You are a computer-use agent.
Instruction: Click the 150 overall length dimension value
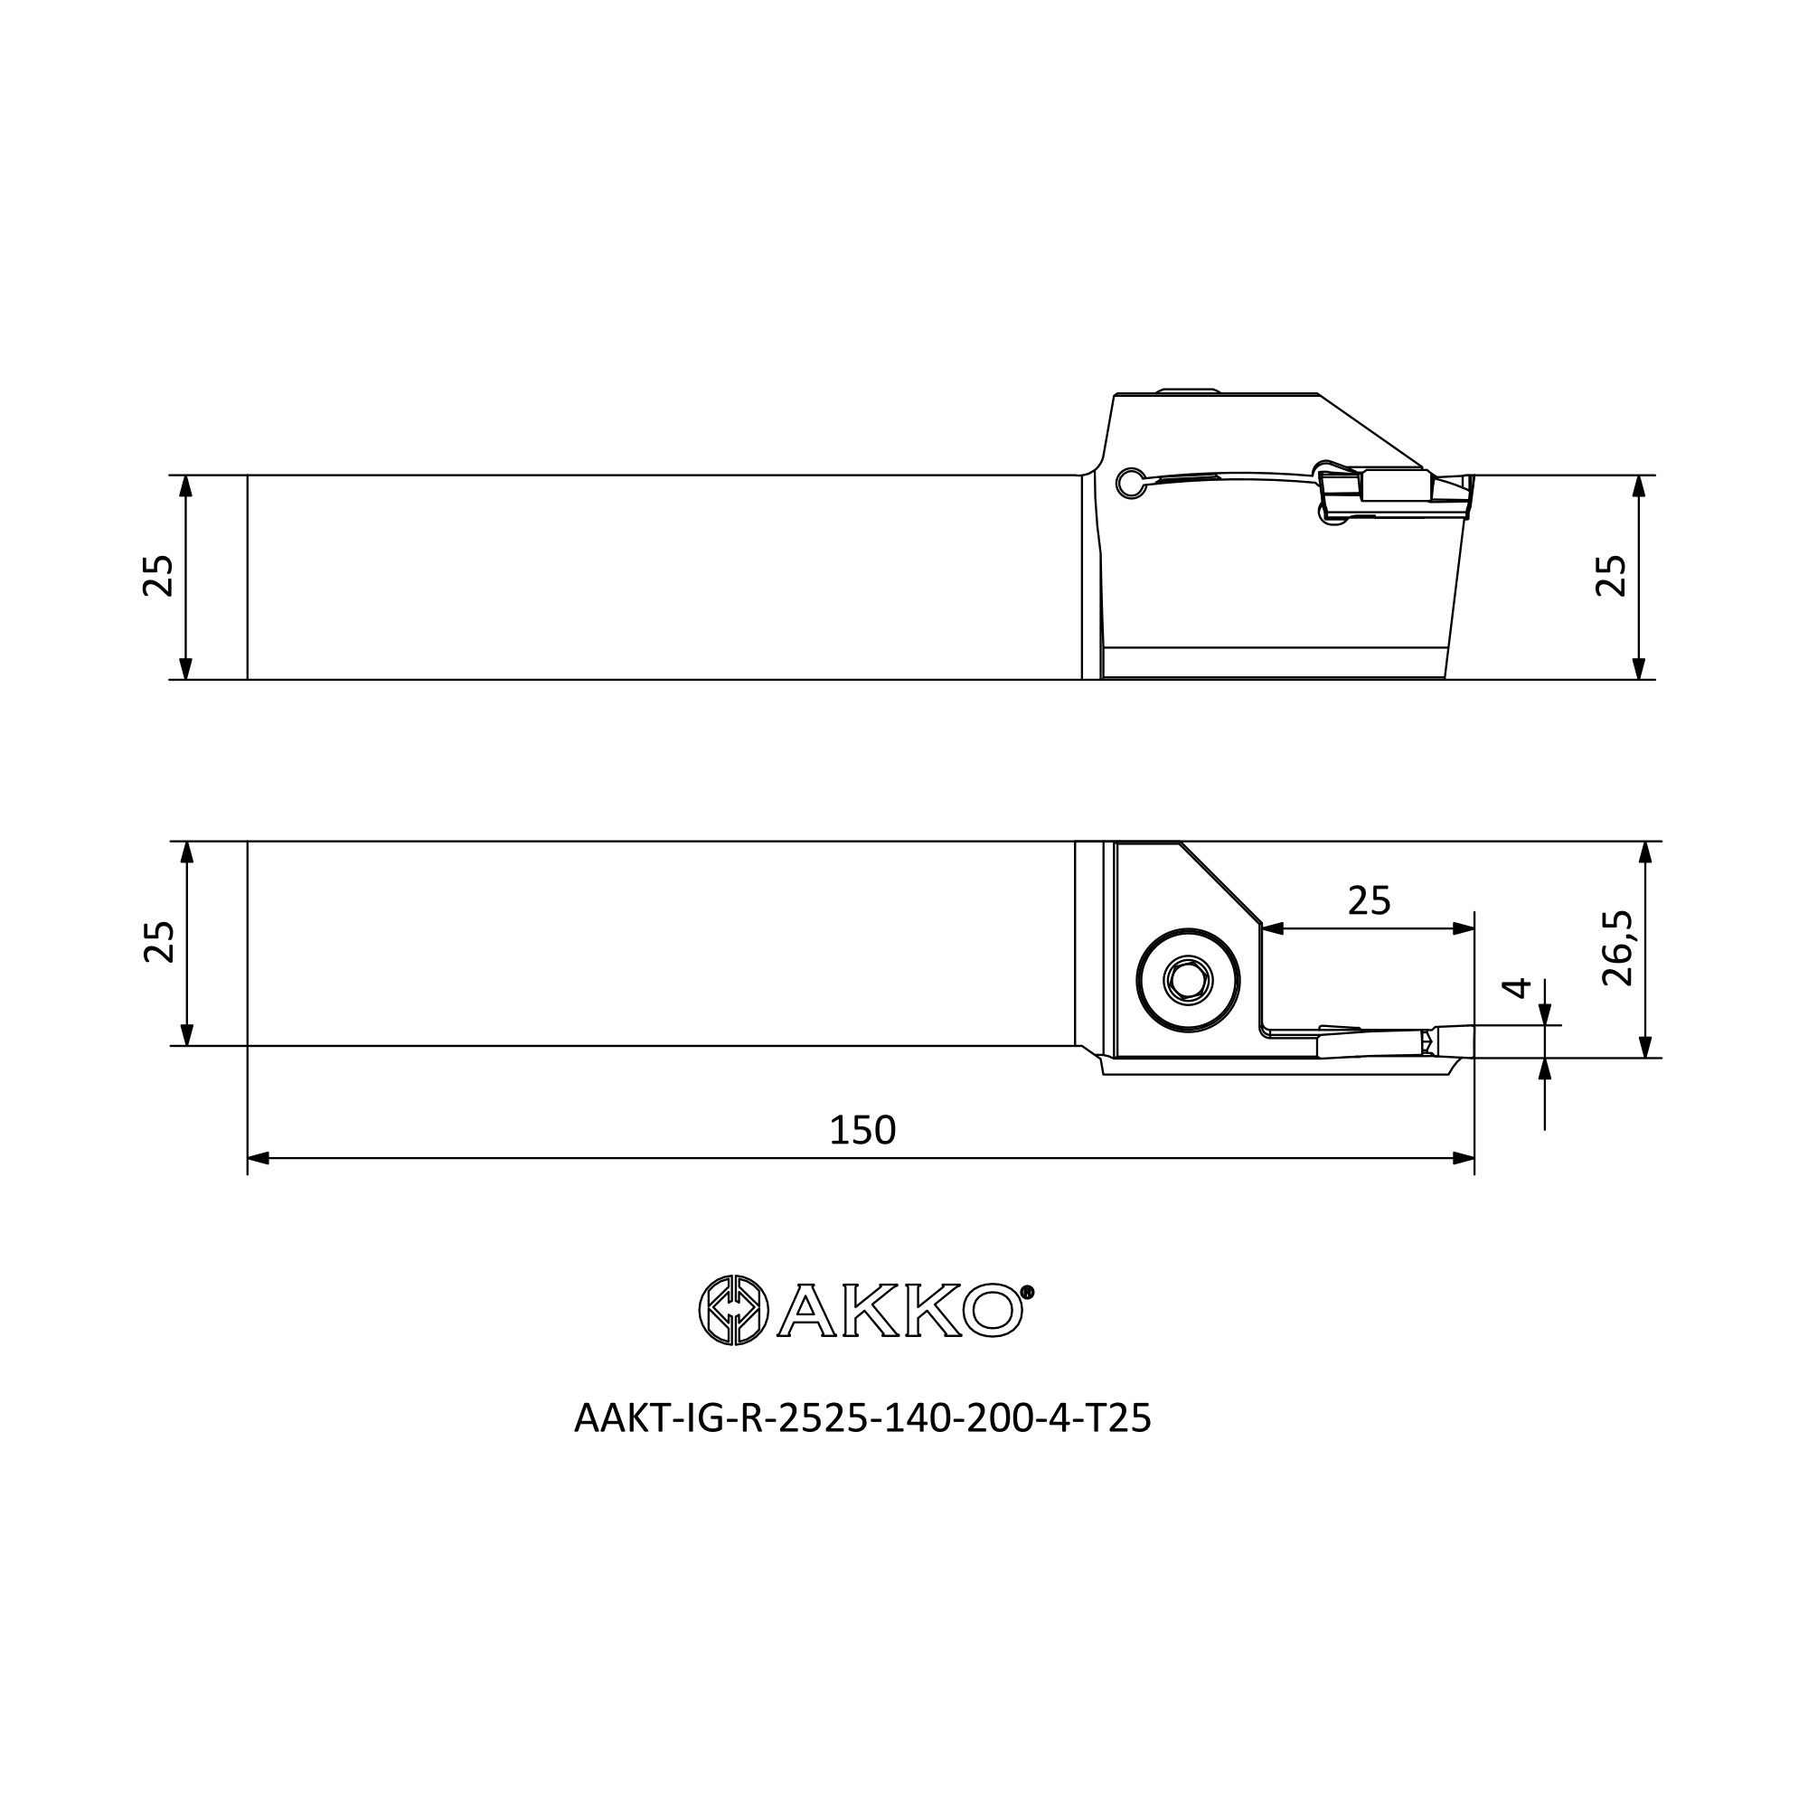pos(862,1131)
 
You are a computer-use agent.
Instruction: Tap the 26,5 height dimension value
pos(1616,949)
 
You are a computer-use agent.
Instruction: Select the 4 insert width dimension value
pos(1516,988)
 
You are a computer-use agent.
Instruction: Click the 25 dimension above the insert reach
pos(1369,901)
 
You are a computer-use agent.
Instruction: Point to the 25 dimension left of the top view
pos(158,576)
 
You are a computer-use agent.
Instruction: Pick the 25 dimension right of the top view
pos(1611,576)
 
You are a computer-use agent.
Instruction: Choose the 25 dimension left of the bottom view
pos(158,941)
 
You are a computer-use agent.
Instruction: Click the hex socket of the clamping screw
pos(1188,981)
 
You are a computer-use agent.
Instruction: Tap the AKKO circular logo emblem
pos(734,1310)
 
